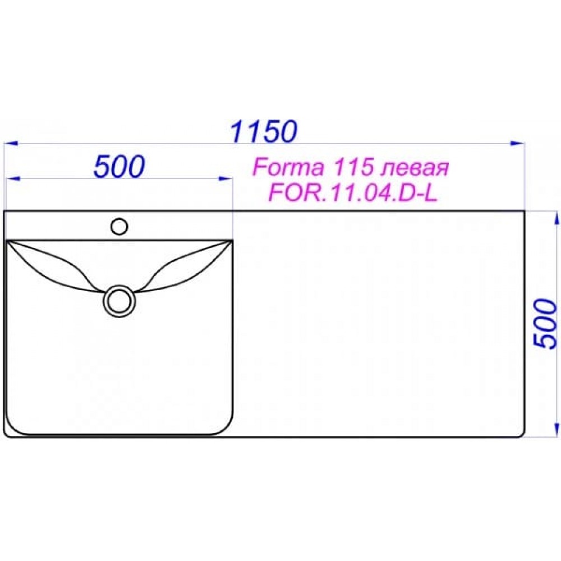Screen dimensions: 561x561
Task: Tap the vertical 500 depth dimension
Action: [x=546, y=324]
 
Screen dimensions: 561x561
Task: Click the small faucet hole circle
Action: [x=119, y=227]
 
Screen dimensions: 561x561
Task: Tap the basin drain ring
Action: [x=119, y=301]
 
